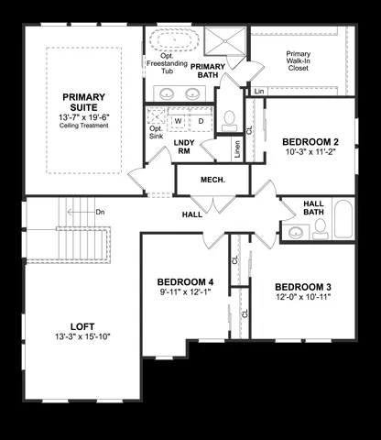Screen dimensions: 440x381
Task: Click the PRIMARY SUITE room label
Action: point(83,102)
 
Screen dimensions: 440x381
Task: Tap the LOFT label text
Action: point(82,325)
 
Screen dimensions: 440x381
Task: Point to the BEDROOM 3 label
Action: point(302,287)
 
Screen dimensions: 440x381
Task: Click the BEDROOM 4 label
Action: point(185,281)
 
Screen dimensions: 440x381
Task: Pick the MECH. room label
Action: point(212,180)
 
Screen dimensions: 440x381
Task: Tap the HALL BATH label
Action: point(314,208)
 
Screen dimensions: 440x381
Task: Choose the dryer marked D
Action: point(201,121)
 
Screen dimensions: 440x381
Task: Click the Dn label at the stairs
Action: point(100,212)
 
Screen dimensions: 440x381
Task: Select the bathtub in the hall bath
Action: point(343,221)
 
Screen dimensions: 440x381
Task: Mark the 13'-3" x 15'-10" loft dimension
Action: point(82,336)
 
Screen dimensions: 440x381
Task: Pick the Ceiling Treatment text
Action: point(83,126)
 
